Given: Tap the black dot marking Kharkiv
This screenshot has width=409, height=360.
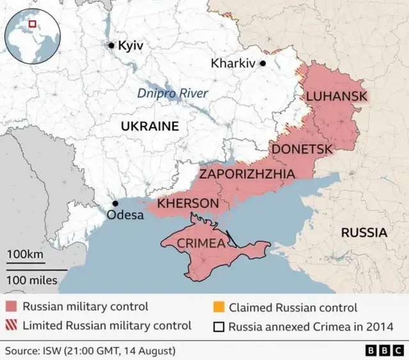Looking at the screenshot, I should pyautogui.click(x=262, y=64).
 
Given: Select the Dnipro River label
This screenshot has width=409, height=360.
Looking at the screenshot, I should pyautogui.click(x=173, y=94).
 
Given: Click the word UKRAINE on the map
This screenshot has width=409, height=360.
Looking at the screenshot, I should pyautogui.click(x=150, y=126).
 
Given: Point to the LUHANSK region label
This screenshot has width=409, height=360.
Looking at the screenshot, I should pyautogui.click(x=337, y=96).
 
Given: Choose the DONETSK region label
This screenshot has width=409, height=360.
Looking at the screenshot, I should pyautogui.click(x=302, y=149).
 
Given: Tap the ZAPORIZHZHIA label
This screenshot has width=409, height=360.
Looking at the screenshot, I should pyautogui.click(x=247, y=174).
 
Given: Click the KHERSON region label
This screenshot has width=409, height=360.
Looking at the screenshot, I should pyautogui.click(x=188, y=203).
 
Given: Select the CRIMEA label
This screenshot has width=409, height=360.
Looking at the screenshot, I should pyautogui.click(x=200, y=243).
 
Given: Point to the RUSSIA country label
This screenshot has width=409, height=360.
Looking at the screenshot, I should pyautogui.click(x=364, y=232).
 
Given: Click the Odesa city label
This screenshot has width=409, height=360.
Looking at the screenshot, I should pyautogui.click(x=125, y=215).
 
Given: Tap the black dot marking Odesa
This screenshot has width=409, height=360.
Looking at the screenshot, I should pyautogui.click(x=115, y=204).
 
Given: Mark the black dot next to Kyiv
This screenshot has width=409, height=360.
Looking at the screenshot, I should pyautogui.click(x=112, y=45).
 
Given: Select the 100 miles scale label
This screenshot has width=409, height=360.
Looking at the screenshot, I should pyautogui.click(x=32, y=280).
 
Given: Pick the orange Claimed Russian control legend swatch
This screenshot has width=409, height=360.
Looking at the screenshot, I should pyautogui.click(x=217, y=307).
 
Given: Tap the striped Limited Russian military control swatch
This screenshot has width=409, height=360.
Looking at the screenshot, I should pyautogui.click(x=12, y=326).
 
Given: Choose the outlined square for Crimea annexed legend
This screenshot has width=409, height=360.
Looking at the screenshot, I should pyautogui.click(x=217, y=326).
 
